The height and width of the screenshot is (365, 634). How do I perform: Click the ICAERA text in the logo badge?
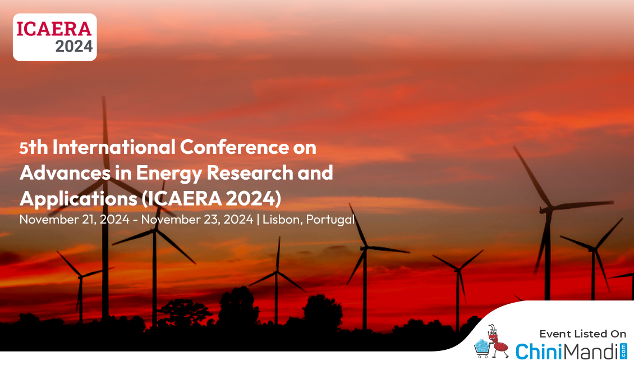point(54,29)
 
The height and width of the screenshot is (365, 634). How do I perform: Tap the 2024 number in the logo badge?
point(74,47)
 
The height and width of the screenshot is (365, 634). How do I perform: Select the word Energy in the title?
point(169,174)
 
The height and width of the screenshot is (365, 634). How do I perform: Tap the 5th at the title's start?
point(34,147)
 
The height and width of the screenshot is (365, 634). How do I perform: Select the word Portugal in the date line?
point(330,220)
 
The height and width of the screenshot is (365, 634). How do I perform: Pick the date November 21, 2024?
point(75,220)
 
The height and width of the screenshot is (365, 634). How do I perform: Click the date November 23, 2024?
point(197,220)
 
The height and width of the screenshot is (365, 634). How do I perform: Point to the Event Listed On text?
point(582,334)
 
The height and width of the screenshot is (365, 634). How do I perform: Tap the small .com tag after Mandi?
point(623,351)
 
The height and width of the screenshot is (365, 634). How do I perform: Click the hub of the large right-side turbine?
point(546,209)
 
